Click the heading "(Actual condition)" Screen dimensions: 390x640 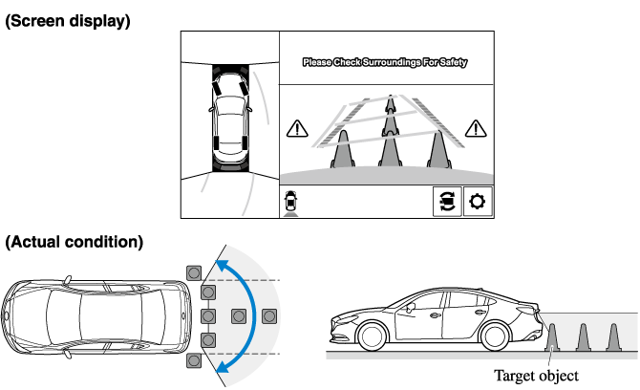[74, 242]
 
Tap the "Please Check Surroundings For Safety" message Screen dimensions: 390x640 [385, 63]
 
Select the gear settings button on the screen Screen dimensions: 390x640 [478, 202]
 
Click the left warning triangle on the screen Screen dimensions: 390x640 [298, 127]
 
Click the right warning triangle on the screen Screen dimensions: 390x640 [476, 127]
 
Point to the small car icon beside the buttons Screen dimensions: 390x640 [291, 202]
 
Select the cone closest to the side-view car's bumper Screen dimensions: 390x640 [553, 336]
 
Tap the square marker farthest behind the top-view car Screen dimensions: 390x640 [269, 315]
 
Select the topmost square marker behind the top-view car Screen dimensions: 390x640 [194, 271]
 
